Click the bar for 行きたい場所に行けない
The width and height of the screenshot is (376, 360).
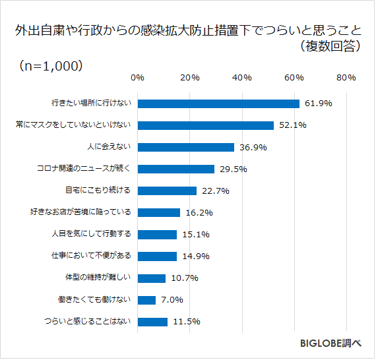[x=218, y=104]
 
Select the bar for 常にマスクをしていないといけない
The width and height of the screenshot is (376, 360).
[x=205, y=125]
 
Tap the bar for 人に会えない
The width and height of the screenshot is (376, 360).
[x=185, y=147]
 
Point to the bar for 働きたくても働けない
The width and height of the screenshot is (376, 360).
[x=146, y=300]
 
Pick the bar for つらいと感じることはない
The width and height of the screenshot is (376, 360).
[x=152, y=322]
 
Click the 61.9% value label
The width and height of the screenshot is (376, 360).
[x=318, y=104]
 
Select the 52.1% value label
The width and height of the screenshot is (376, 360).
[x=292, y=125]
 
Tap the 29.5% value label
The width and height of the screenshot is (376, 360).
[x=233, y=169]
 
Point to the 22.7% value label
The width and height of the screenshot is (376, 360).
[x=215, y=191]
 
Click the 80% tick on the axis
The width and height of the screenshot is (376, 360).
[x=346, y=78]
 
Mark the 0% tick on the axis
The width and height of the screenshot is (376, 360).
[x=137, y=78]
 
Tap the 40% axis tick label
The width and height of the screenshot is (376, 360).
[x=241, y=78]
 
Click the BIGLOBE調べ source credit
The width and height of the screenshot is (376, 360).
[x=330, y=344]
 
